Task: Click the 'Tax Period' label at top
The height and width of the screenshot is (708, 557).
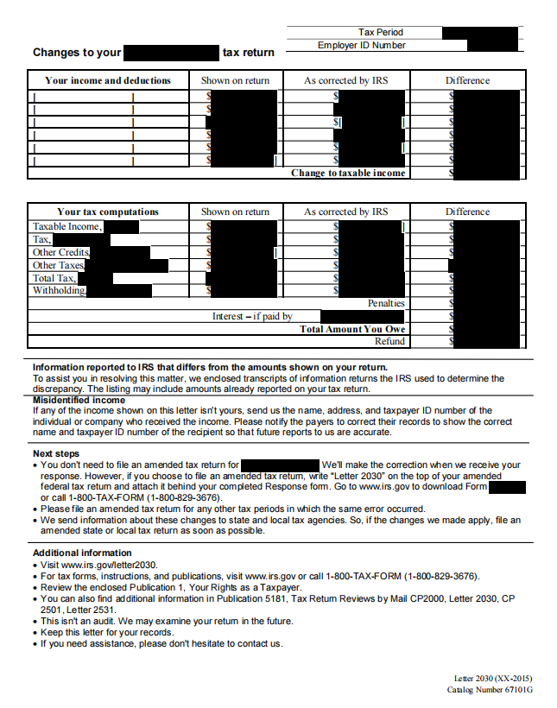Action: (x=381, y=32)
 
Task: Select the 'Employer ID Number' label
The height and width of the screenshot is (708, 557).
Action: (x=361, y=45)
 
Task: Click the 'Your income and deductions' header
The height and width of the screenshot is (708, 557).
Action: (x=108, y=80)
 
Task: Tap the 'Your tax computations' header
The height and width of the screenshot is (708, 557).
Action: (x=108, y=212)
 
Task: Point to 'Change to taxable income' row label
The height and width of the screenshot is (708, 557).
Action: (x=348, y=173)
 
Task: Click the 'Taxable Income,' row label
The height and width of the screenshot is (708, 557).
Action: (x=67, y=227)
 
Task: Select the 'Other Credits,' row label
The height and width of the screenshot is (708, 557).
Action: (x=60, y=252)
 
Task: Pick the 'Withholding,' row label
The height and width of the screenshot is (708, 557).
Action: (x=60, y=291)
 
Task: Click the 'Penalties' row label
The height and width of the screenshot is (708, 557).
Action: (x=386, y=303)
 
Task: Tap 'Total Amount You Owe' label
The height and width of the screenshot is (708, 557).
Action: (x=352, y=329)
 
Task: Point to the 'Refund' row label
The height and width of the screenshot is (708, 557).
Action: (x=390, y=341)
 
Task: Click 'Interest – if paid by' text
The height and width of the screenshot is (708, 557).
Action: (x=252, y=316)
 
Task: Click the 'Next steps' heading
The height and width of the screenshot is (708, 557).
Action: (x=56, y=453)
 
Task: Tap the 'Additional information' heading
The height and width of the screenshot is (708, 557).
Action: (x=82, y=553)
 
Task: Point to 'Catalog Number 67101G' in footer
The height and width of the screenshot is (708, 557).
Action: (x=490, y=691)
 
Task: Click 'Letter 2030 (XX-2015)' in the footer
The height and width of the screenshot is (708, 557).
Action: (x=493, y=680)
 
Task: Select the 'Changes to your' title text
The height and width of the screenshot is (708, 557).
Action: (x=77, y=53)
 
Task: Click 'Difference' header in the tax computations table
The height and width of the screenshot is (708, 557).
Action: (x=467, y=212)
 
